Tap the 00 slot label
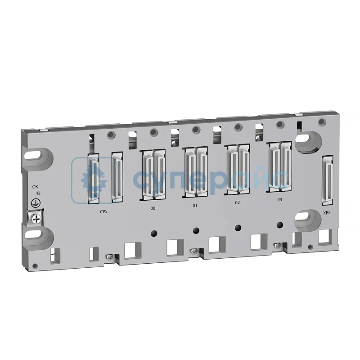(153, 209)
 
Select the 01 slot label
(195, 206)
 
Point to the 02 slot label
(237, 202)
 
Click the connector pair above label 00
(153, 174)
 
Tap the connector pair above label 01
(195, 171)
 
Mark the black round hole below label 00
(153, 233)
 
